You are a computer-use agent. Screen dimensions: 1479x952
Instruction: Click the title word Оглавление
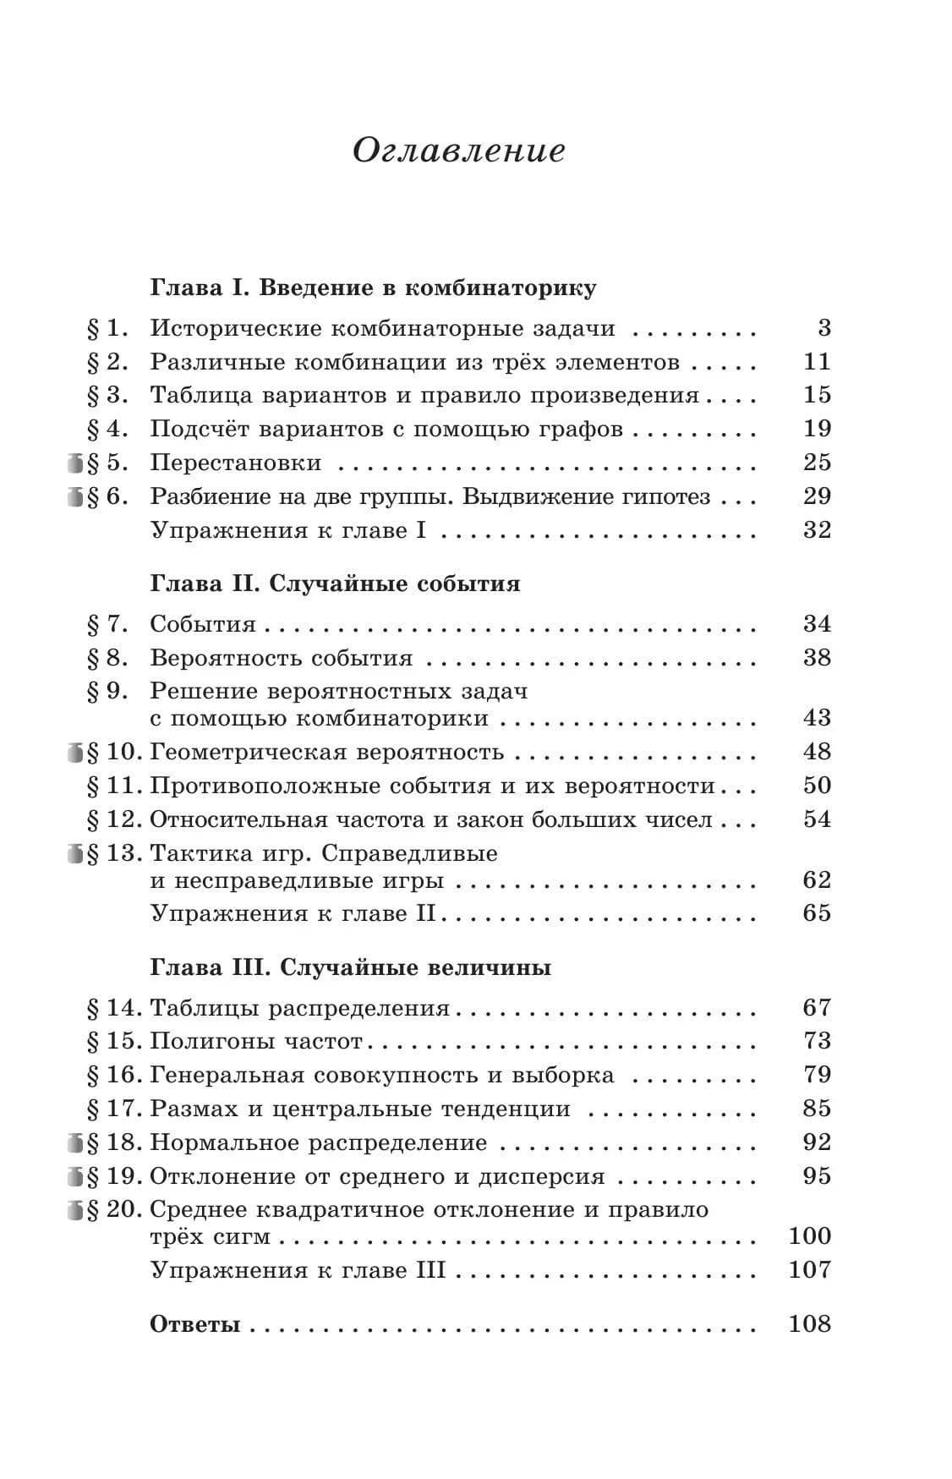click(457, 151)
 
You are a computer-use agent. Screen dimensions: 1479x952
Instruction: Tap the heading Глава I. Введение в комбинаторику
click(373, 288)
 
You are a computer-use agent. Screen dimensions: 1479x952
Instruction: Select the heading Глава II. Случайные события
click(335, 583)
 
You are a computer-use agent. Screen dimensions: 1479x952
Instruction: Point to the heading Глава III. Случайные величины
click(350, 967)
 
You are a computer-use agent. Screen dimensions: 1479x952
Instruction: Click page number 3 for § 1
click(824, 328)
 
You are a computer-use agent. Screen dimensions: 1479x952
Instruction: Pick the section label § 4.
click(107, 429)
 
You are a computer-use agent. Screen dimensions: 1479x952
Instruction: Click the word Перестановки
click(236, 463)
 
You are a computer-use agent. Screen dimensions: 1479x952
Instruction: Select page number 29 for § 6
click(817, 496)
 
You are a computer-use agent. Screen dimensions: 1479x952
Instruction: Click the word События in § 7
click(203, 624)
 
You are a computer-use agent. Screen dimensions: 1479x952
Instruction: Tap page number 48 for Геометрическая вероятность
click(817, 751)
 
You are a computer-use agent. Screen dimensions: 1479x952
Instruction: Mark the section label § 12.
click(114, 819)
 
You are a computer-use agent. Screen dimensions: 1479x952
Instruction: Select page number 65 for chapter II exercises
click(817, 913)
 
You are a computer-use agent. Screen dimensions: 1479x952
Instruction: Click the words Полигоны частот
click(256, 1041)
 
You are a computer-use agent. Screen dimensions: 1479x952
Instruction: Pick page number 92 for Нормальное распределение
click(817, 1142)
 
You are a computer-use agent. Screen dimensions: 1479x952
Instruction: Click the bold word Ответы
click(195, 1324)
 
